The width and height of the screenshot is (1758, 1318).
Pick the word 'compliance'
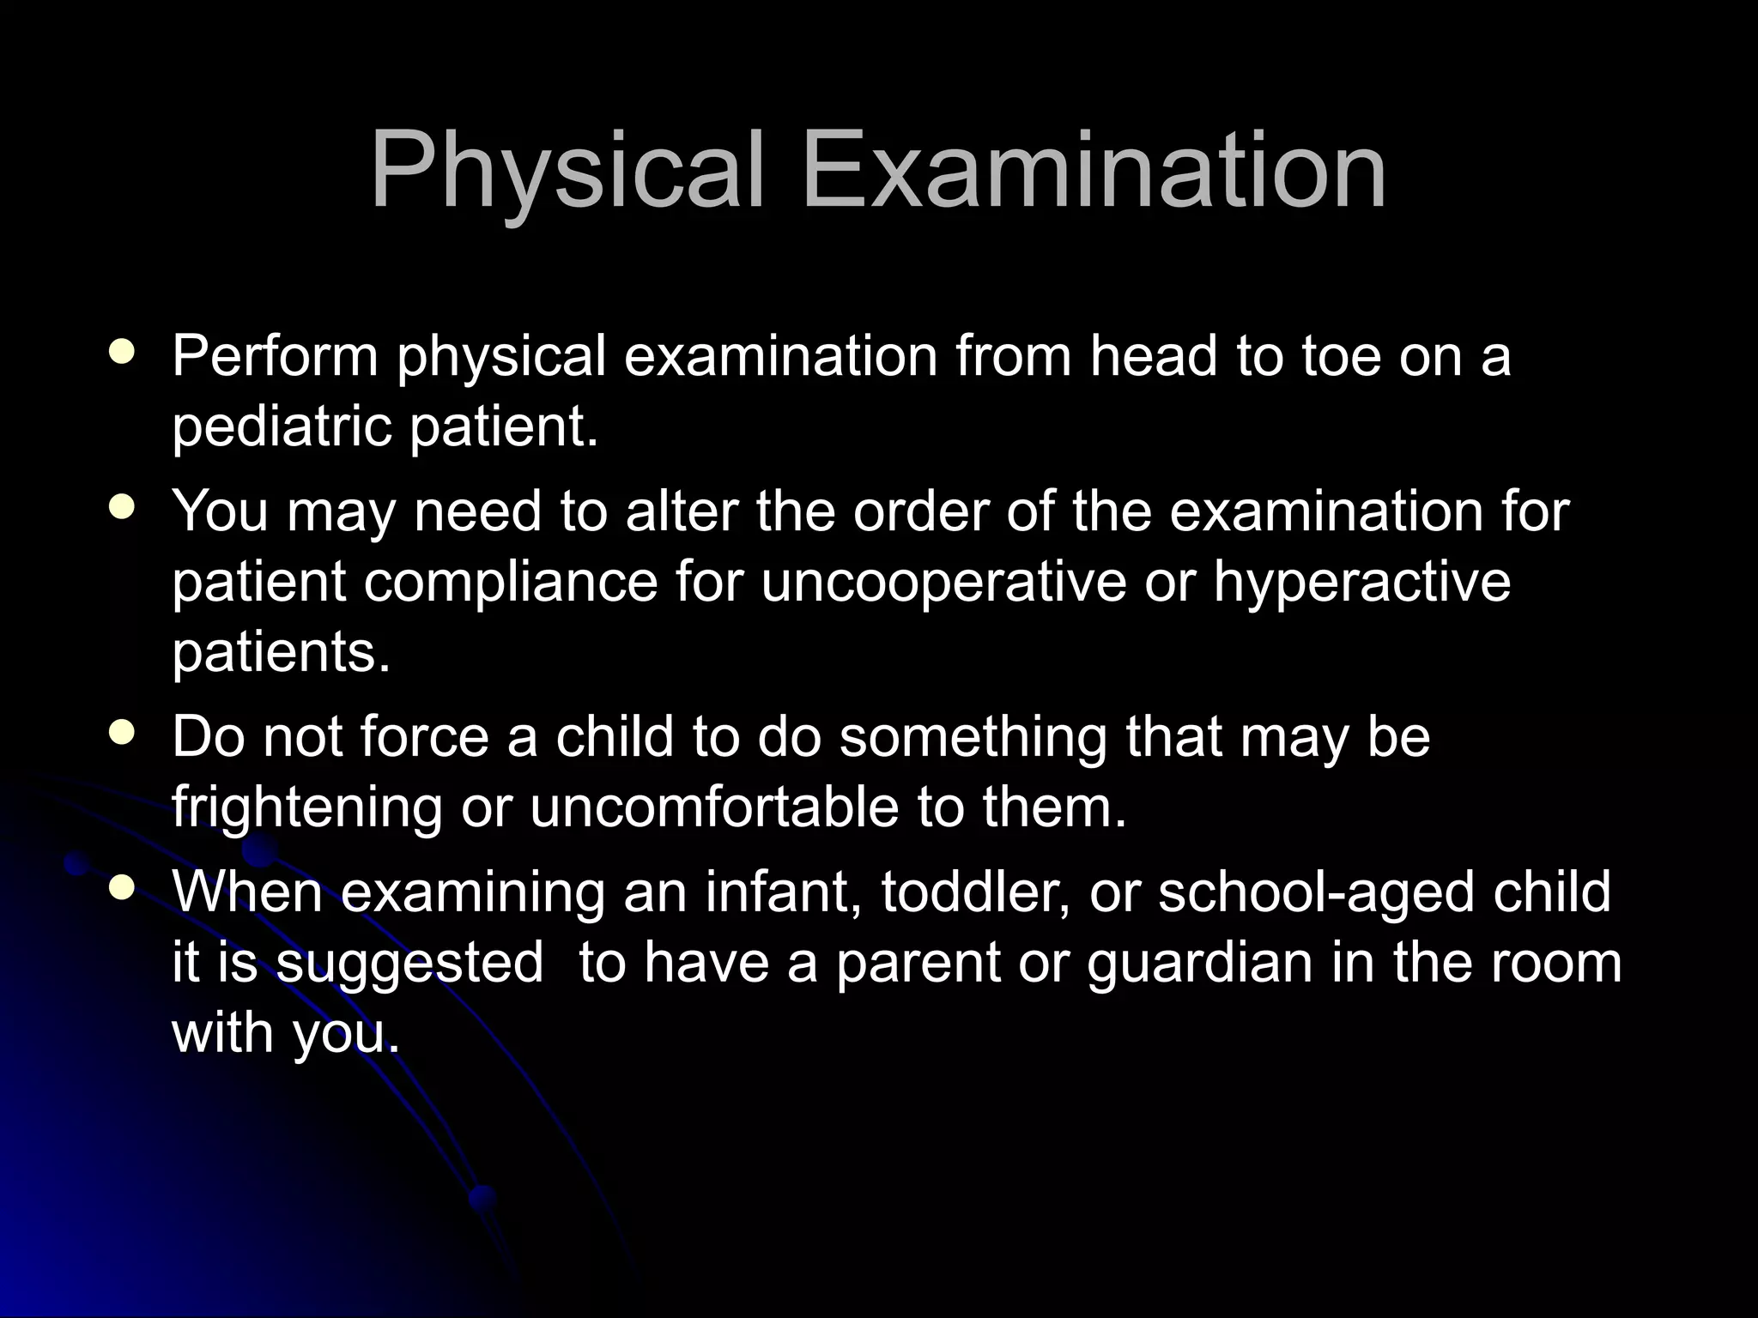tap(511, 583)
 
